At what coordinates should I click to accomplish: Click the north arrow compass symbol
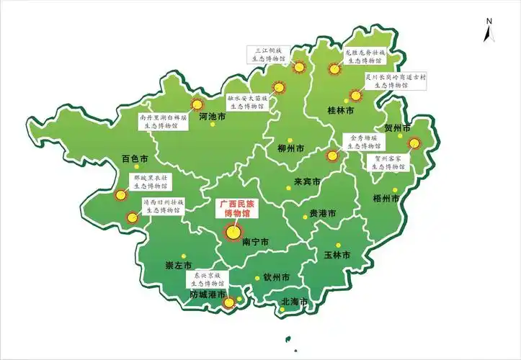(x=488, y=31)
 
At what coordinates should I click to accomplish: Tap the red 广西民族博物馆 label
(x=237, y=209)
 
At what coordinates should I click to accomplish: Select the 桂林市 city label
(x=340, y=112)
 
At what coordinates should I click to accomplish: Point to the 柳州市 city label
(x=291, y=149)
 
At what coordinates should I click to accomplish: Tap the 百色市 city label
(x=135, y=158)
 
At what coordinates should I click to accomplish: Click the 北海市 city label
(x=294, y=302)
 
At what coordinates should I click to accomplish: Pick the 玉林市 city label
(x=337, y=255)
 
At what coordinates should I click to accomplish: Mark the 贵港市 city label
(x=322, y=213)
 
